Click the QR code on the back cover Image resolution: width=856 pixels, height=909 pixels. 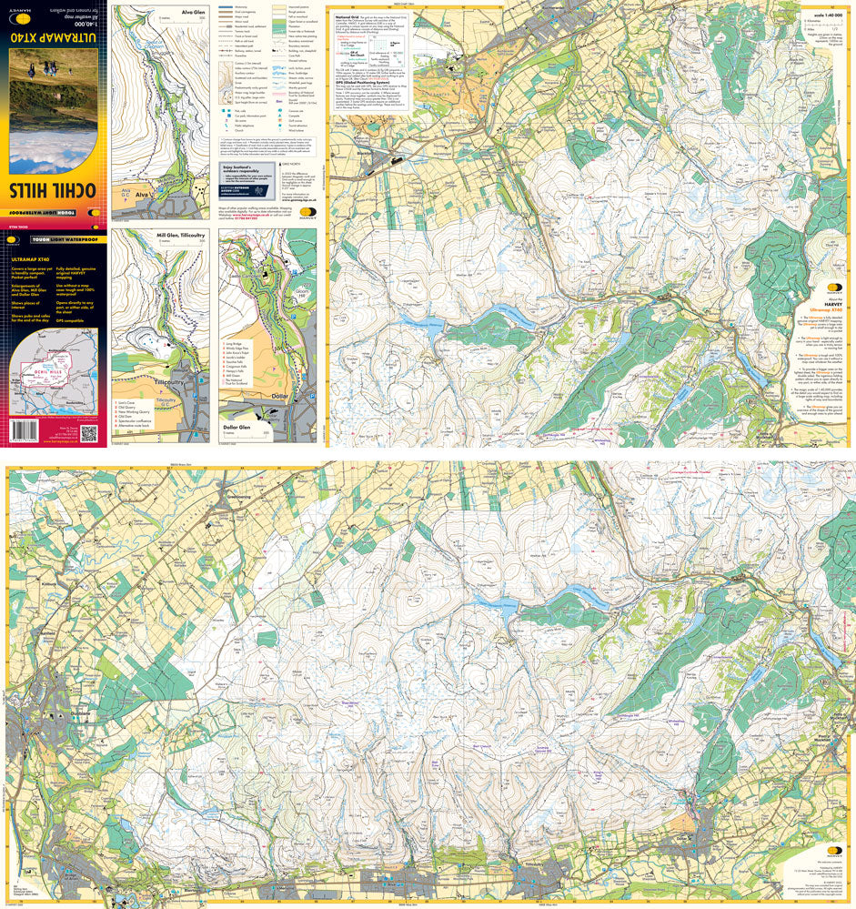coord(88,435)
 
